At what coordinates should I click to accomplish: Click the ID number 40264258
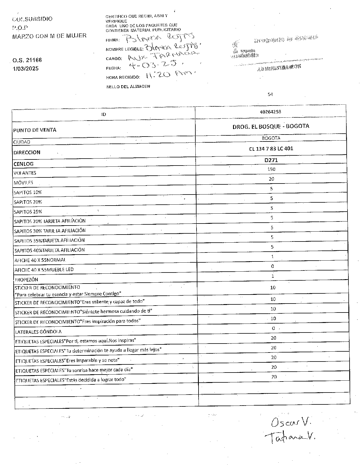click(x=270, y=112)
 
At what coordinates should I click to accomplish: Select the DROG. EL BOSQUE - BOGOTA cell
click(x=271, y=126)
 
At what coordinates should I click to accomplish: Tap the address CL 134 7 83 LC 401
click(x=271, y=149)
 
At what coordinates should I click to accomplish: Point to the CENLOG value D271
click(x=271, y=160)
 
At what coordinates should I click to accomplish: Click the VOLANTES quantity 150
click(x=271, y=169)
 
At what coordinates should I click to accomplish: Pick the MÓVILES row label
click(x=23, y=183)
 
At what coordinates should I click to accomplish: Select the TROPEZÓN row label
click(x=26, y=280)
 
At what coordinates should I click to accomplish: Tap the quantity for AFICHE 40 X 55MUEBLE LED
click(x=272, y=266)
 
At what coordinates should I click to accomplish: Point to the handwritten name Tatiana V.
click(x=290, y=437)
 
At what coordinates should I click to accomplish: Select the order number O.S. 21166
click(x=27, y=60)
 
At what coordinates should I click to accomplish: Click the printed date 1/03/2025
click(x=26, y=69)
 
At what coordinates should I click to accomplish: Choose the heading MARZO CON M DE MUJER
click(x=49, y=36)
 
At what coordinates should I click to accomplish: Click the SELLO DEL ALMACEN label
click(x=128, y=86)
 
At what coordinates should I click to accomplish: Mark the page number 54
click(x=270, y=94)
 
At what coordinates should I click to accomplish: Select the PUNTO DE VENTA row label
click(x=35, y=130)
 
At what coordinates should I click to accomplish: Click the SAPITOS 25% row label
click(x=28, y=212)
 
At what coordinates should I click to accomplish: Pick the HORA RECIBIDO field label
click(x=123, y=77)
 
